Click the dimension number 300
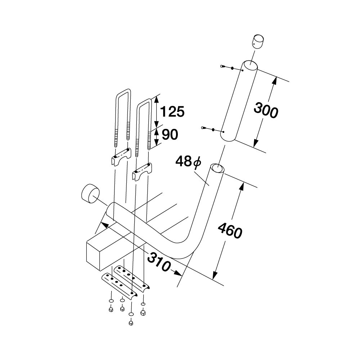point(266,111)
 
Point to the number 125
point(172,112)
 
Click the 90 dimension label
point(170,135)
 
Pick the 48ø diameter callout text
point(188,161)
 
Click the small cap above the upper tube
point(258,41)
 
